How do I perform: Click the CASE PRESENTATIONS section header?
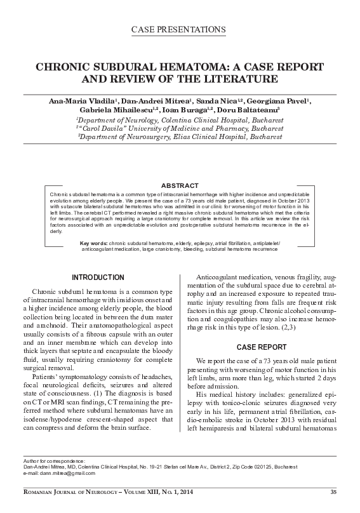180,30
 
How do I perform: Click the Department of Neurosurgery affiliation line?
180,136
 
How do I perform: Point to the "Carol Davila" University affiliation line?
180,128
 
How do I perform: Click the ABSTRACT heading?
180,168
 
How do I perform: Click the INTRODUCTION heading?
97,277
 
